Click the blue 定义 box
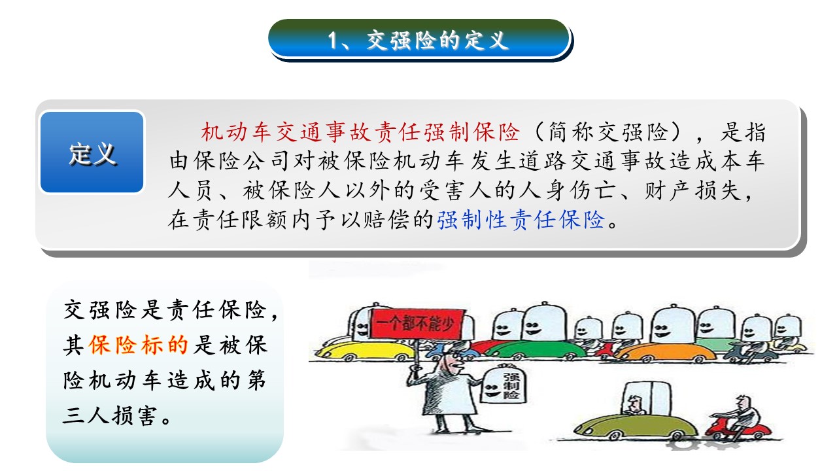point(92,152)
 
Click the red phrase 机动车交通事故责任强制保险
point(360,132)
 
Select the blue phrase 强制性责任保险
point(521,219)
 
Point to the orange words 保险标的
point(138,345)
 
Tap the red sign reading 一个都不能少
point(417,324)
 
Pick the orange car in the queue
point(669,352)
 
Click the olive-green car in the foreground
point(635,426)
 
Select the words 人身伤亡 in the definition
point(544,190)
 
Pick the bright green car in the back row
point(534,350)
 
